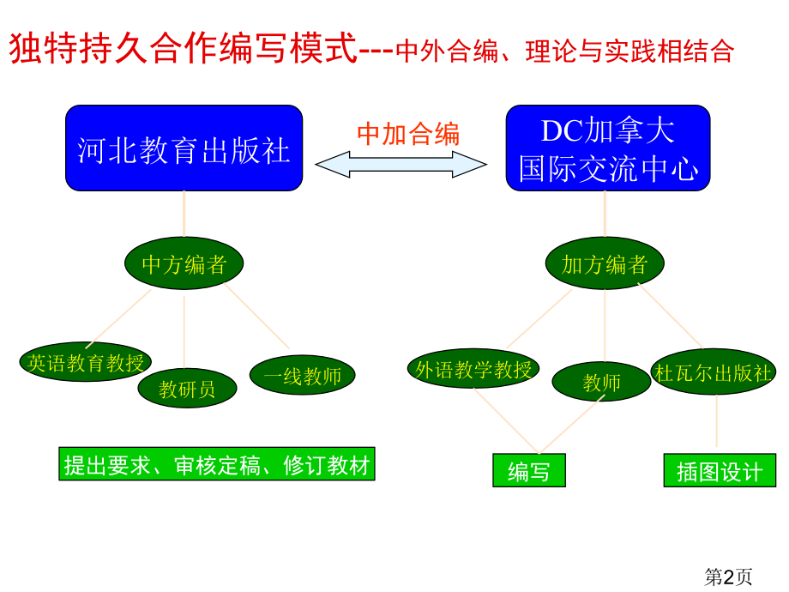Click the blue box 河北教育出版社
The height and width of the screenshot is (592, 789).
click(x=184, y=148)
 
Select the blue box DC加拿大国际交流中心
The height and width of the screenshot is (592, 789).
click(x=607, y=148)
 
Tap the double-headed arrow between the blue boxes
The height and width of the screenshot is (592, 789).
click(x=401, y=164)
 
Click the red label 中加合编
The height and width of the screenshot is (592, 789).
click(x=407, y=134)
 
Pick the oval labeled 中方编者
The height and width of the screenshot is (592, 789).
click(x=184, y=263)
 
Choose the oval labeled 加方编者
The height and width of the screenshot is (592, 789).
click(x=605, y=264)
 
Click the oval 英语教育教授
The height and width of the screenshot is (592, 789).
click(x=85, y=362)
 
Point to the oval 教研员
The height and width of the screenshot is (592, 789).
click(x=187, y=389)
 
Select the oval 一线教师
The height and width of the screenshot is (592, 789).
click(x=302, y=375)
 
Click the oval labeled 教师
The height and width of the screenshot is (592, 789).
click(x=601, y=382)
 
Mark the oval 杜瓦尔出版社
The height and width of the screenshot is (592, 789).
click(x=714, y=372)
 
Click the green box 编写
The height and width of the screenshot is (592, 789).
click(x=528, y=471)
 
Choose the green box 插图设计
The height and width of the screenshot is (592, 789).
click(x=719, y=471)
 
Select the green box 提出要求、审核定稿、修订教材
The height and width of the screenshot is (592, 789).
click(x=216, y=464)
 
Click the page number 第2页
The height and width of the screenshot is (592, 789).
click(x=728, y=577)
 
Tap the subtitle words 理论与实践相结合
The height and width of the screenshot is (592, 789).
click(x=629, y=51)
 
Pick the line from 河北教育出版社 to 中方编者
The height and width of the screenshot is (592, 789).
click(x=184, y=214)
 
